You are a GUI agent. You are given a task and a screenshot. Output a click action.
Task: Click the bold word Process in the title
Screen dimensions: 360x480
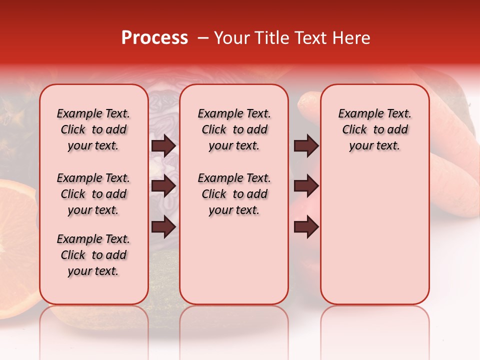[154, 38]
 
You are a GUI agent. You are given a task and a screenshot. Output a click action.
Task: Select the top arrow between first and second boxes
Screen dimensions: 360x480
[163, 146]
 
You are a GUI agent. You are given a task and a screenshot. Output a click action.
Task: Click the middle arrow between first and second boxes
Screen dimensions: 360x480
[163, 186]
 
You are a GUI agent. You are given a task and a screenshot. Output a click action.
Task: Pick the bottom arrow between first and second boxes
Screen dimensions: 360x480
[163, 226]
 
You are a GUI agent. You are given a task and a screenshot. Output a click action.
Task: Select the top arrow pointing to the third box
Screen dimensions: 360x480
[306, 146]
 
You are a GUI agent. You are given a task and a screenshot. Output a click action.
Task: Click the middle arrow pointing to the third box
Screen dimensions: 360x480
[306, 186]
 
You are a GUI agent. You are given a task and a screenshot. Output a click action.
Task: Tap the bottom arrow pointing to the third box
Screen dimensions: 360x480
[306, 226]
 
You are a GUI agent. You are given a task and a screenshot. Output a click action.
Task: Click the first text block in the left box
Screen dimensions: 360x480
[93, 129]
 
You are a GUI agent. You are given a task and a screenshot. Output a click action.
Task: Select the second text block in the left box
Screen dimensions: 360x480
[93, 194]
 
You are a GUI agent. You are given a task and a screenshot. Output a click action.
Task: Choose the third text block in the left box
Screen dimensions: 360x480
[93, 255]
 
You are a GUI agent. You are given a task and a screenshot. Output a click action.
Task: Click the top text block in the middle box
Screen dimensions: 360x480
[234, 129]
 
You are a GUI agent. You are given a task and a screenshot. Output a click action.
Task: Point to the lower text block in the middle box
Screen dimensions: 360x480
[234, 194]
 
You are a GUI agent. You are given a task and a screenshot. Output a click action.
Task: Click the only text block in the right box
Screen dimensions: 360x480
[374, 129]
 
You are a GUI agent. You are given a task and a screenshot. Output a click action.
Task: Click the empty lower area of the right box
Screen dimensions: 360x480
[374, 240]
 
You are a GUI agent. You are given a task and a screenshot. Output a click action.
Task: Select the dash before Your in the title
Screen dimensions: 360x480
[203, 38]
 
